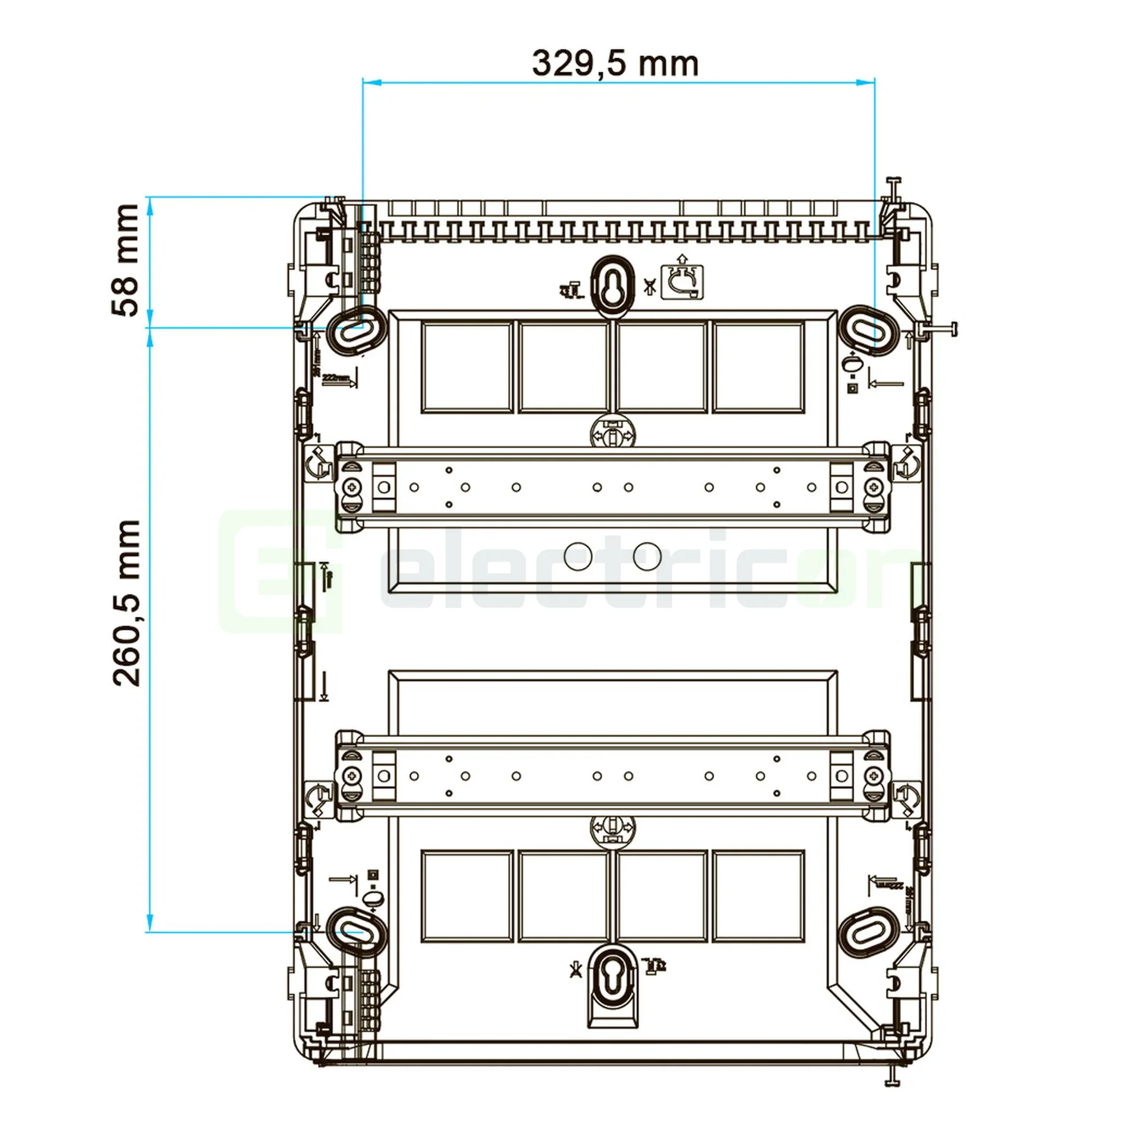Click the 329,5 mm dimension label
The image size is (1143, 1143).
pos(616,63)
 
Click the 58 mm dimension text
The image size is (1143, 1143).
pos(125,260)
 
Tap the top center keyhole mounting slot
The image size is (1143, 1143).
pos(612,282)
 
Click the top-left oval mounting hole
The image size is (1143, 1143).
pos(356,330)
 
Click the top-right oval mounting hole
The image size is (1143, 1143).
pos(869,330)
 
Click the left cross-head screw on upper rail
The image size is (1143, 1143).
pos(353,487)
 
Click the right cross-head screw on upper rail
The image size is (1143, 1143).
pos(873,487)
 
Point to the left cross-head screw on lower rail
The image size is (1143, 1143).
pos(353,776)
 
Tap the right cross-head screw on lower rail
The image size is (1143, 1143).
pos(873,776)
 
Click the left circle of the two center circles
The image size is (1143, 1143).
pos(578,555)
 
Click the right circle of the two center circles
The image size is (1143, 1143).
pos(648,555)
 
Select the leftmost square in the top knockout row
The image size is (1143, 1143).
pos(467,367)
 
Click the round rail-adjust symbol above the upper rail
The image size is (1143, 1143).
pos(612,435)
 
